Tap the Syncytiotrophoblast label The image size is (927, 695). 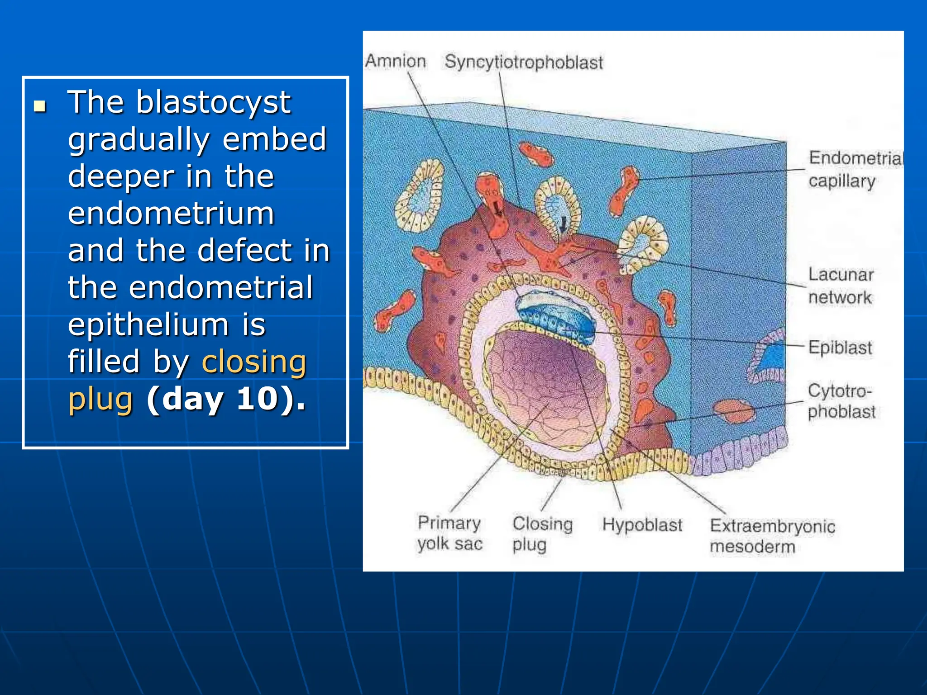[523, 62]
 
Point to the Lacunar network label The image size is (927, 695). [841, 286]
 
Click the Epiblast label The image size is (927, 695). [840, 347]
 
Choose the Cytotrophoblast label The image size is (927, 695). [841, 401]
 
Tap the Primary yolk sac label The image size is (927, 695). [449, 533]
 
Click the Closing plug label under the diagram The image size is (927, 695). [542, 533]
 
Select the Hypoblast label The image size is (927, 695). [641, 525]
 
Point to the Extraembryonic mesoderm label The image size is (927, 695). [772, 536]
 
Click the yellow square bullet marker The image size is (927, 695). [40, 106]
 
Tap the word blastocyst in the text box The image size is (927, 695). [213, 103]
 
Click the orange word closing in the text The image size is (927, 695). [254, 362]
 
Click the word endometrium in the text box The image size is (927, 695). [171, 214]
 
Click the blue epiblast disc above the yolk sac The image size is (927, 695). [554, 312]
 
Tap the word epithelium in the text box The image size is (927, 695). [148, 325]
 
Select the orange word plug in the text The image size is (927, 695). [100, 399]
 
